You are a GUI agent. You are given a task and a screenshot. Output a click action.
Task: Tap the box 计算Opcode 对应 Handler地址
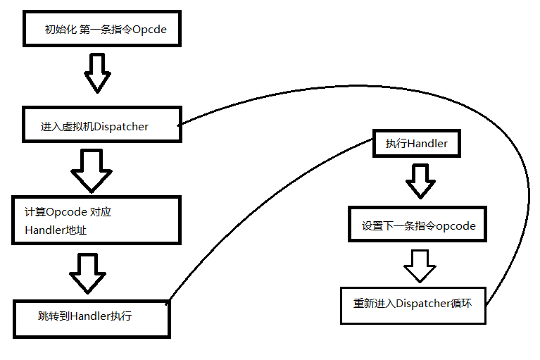[x=94, y=220]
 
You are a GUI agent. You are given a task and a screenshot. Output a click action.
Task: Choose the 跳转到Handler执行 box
[x=92, y=316]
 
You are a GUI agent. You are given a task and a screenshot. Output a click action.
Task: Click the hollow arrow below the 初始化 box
[x=98, y=73]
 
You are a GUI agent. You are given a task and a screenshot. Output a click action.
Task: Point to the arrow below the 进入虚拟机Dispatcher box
[x=91, y=170]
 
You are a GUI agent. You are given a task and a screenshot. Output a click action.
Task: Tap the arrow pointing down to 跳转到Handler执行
[x=88, y=273]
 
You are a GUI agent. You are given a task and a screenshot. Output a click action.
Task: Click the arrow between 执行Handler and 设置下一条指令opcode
[x=420, y=181]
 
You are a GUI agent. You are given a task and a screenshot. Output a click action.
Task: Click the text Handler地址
[x=56, y=230]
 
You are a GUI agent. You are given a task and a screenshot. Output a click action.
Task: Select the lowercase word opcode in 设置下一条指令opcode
[x=456, y=226]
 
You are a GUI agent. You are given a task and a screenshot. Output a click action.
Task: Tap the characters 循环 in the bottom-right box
[x=460, y=304]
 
